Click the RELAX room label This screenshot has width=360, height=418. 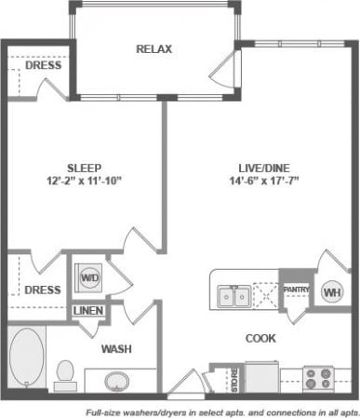(153, 48)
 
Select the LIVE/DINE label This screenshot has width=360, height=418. (261, 168)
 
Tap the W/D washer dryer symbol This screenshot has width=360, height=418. (88, 276)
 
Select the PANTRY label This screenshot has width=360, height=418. (295, 290)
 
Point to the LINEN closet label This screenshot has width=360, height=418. (88, 311)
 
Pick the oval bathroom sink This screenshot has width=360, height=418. (118, 382)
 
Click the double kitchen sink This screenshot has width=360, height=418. (232, 296)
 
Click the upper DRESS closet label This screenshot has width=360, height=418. (44, 65)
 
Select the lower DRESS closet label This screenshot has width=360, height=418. (43, 290)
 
